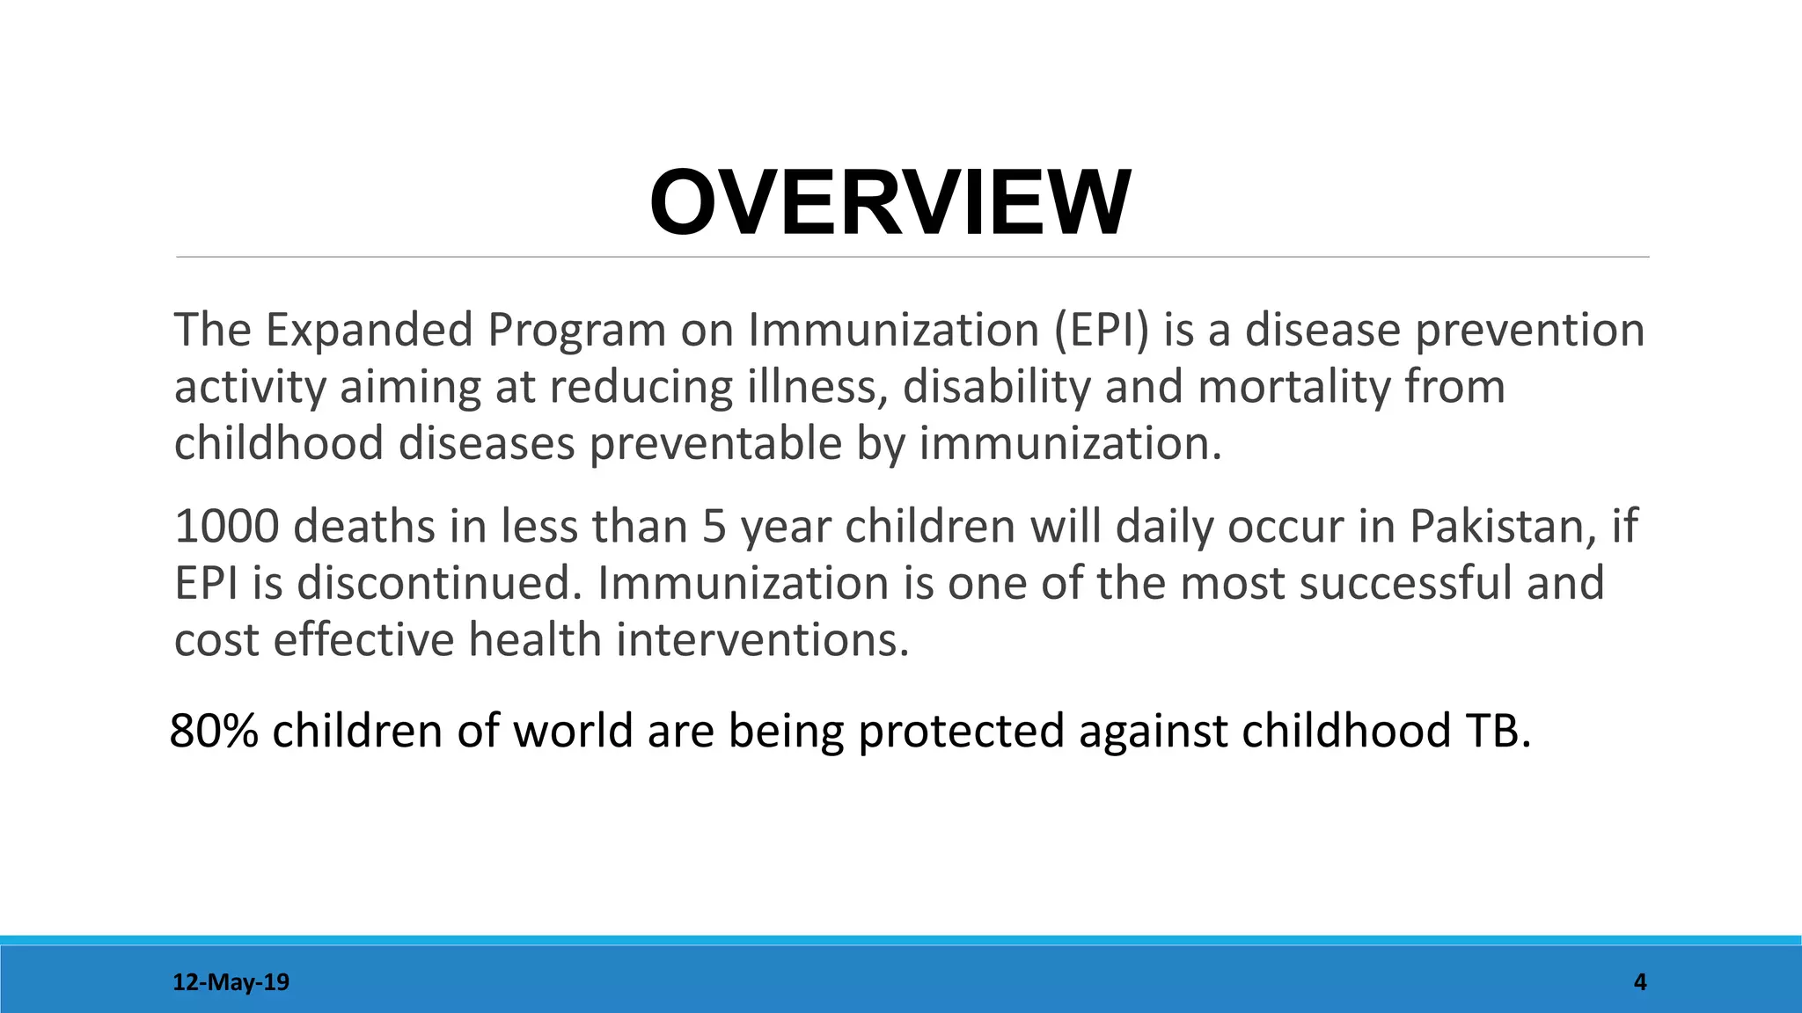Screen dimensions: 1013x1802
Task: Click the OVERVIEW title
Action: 890,203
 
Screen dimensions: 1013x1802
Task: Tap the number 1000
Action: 226,527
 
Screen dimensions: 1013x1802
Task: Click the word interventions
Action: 761,639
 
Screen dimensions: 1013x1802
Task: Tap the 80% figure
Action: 213,731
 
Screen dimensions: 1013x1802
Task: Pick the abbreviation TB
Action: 1496,731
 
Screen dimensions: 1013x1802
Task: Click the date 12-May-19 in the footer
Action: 231,982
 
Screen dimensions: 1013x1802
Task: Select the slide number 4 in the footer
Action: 1639,982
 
